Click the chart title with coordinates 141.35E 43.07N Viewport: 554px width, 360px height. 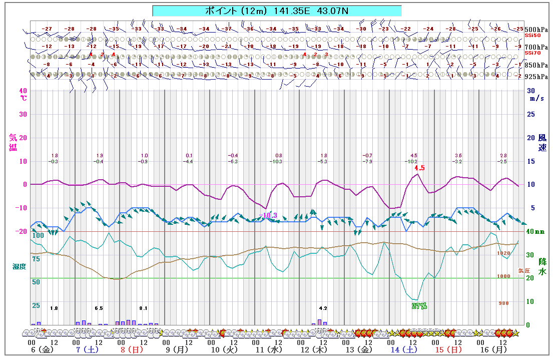277,11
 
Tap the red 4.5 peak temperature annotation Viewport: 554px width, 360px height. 419,168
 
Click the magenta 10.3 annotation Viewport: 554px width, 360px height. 270,215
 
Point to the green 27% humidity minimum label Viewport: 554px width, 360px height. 419,306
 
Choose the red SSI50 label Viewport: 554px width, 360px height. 532,36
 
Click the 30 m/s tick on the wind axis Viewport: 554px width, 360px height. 531,91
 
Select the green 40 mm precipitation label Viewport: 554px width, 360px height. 535,232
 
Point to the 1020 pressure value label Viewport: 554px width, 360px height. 503,253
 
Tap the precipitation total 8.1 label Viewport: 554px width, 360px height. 144,308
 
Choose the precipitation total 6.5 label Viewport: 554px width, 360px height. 99,308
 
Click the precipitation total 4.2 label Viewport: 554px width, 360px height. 323,308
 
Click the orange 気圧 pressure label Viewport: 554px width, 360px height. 523,270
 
